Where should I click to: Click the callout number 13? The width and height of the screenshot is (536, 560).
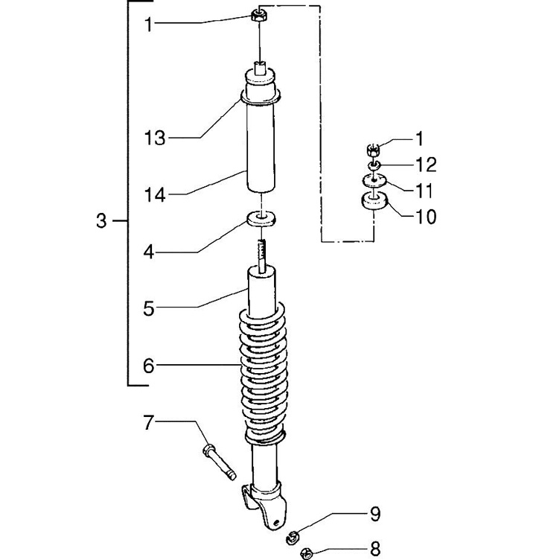point(155,138)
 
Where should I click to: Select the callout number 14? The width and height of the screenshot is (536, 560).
point(155,195)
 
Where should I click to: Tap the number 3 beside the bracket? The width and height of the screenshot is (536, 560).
point(101,220)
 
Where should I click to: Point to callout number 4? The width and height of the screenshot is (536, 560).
point(149,252)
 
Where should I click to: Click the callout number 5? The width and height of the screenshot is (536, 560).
point(149,308)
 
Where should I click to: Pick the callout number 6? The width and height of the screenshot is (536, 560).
point(149,366)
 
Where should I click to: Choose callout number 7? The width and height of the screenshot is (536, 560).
point(148,422)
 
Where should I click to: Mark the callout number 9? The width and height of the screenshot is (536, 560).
point(375,514)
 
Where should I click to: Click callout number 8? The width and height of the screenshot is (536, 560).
point(375,549)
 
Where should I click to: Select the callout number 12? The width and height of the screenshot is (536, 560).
point(426,165)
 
